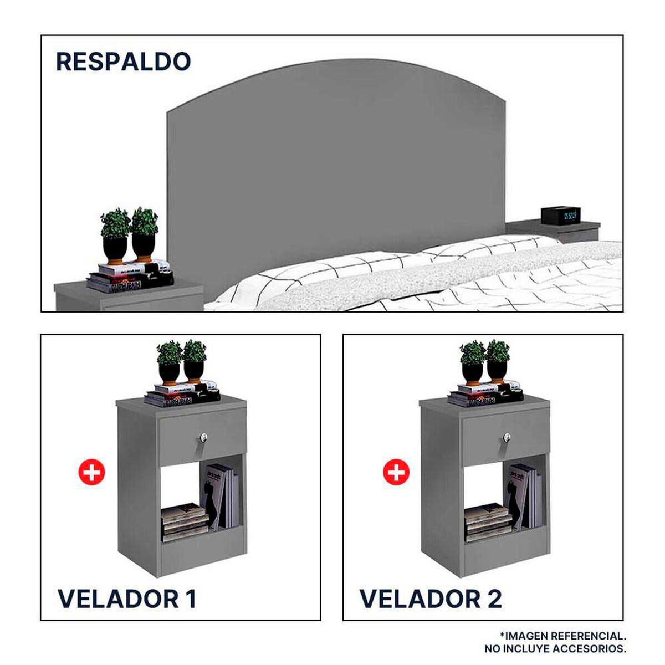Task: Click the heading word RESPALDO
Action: click(x=123, y=62)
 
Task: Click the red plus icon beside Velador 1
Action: click(x=91, y=473)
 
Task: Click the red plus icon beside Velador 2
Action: click(x=396, y=473)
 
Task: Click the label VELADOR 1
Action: click(x=127, y=599)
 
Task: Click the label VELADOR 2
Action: click(x=431, y=599)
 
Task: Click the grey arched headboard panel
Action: click(x=332, y=166)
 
